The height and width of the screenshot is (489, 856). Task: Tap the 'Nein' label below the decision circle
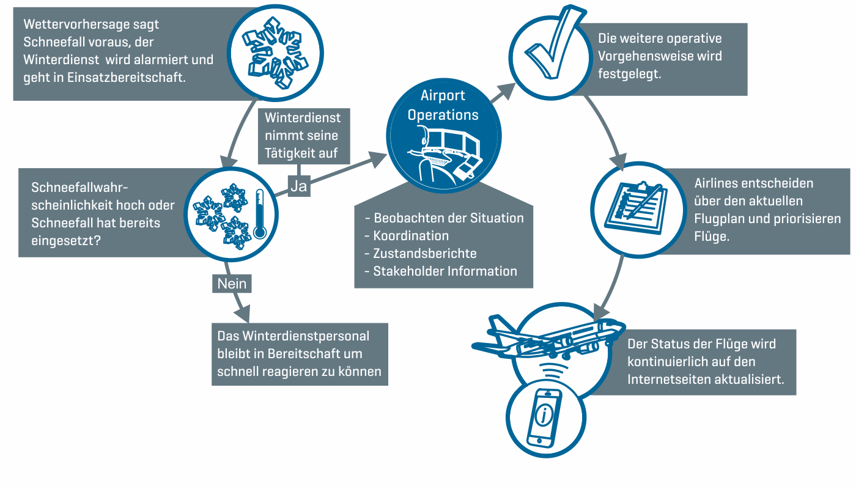coord(232,284)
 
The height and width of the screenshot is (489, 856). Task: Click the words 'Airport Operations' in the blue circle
coord(443,105)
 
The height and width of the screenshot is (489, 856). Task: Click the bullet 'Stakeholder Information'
coord(445,271)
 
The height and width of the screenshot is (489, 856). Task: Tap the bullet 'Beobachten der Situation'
coord(449,218)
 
